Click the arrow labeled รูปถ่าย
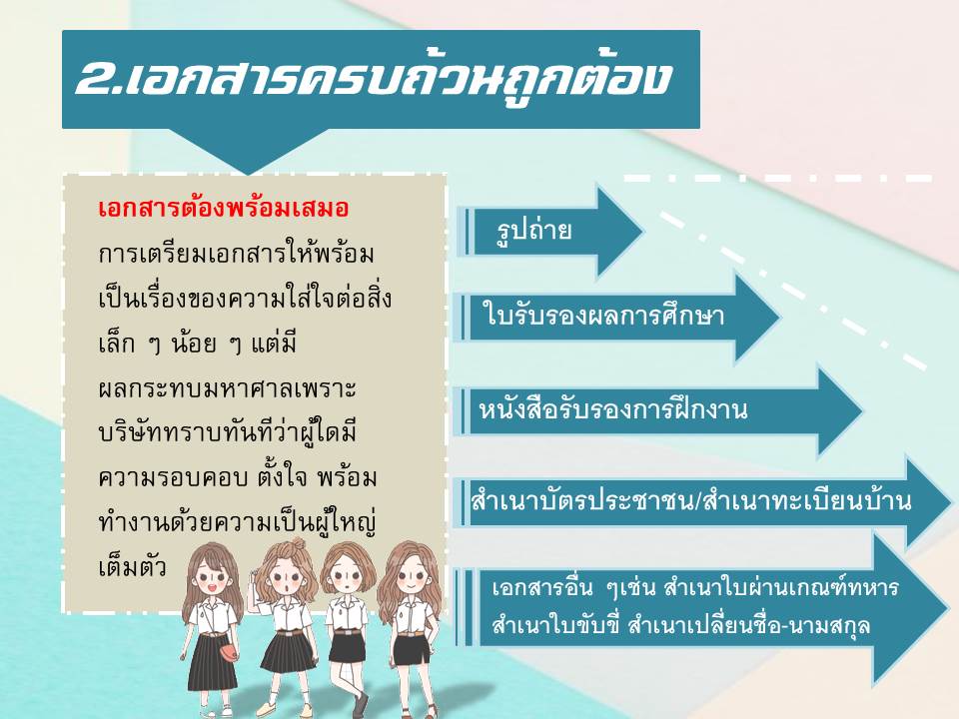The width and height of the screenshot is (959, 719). (x=550, y=231)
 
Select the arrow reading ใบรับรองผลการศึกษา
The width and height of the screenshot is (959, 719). (x=617, y=317)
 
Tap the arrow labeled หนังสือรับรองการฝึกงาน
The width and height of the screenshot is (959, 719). (x=657, y=409)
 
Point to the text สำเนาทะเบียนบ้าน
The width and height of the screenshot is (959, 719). (x=807, y=501)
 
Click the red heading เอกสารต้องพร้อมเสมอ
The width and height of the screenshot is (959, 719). (x=223, y=208)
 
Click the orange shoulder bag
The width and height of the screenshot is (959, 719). (x=224, y=648)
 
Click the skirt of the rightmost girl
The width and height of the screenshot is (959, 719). (x=412, y=650)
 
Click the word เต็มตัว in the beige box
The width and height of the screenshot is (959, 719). (x=132, y=566)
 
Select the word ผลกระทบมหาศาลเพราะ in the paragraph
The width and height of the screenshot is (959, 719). (x=227, y=388)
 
